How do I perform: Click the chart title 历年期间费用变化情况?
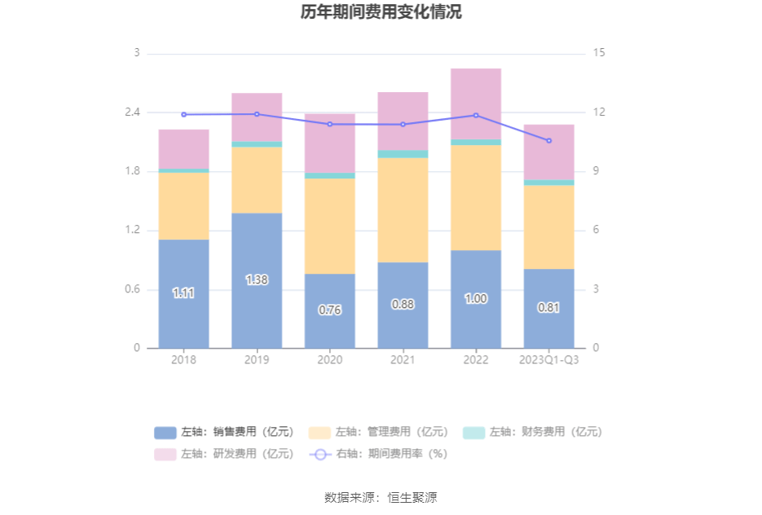(x=381, y=12)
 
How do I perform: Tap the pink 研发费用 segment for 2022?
(x=476, y=103)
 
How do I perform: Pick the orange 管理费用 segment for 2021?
(x=403, y=209)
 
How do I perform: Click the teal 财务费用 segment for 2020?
(x=330, y=175)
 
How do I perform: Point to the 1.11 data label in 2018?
(x=183, y=293)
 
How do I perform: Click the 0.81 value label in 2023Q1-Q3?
(x=548, y=307)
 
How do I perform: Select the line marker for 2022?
(x=476, y=115)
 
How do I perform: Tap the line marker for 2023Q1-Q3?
(x=548, y=140)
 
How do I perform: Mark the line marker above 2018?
(x=183, y=114)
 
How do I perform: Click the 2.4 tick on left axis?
(x=132, y=112)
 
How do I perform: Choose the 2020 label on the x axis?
(x=330, y=359)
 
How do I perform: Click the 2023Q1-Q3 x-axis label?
(x=548, y=359)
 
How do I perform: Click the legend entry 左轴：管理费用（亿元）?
(x=379, y=432)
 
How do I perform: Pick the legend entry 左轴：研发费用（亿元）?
(x=224, y=454)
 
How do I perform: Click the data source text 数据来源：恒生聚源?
(x=381, y=497)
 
